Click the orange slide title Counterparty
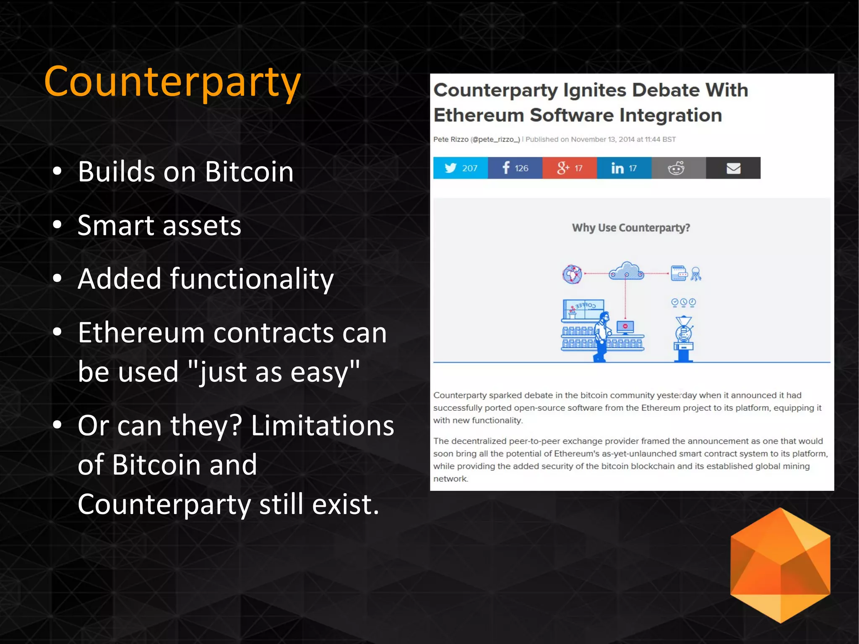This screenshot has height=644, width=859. coord(172,82)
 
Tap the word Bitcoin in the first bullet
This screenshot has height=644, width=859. coord(249,172)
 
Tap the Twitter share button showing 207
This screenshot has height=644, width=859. coord(460,168)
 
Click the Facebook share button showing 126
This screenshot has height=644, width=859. coord(515,168)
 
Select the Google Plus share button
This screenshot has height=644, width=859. coord(569,168)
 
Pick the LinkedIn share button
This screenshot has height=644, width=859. coord(624,168)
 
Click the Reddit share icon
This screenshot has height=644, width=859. coord(676,168)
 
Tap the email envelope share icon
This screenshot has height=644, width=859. coord(733,168)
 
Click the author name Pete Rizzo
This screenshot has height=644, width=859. coord(450,139)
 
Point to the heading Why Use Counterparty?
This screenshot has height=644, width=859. coord(631,228)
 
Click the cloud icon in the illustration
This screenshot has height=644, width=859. coord(626,271)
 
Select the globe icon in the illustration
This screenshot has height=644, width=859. coord(572,274)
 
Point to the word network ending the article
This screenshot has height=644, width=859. coord(450,479)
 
